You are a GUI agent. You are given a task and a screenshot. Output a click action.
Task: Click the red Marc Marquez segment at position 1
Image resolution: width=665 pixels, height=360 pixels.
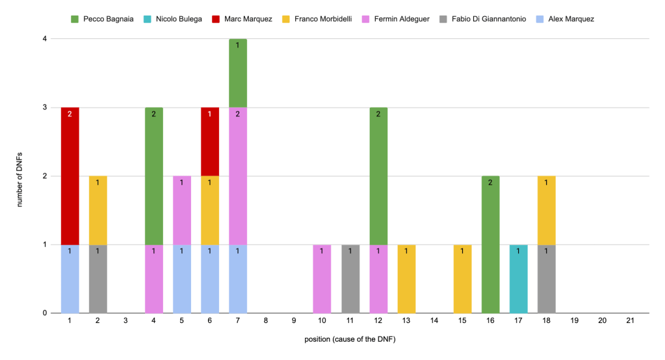click(70, 175)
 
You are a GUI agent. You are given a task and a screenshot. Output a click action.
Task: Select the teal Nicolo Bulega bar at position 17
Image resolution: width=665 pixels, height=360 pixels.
click(518, 279)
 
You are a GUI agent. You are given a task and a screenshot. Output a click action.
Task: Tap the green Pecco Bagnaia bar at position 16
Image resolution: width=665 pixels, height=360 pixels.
click(490, 244)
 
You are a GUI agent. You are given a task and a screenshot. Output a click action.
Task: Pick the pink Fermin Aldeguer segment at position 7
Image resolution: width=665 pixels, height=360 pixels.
click(238, 175)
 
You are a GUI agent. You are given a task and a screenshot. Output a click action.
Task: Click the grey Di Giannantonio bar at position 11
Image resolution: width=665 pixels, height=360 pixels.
click(350, 279)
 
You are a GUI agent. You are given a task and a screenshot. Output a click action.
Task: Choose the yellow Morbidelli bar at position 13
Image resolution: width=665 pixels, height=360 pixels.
click(406, 279)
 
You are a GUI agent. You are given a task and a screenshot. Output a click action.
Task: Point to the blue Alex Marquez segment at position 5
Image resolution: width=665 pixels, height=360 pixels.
click(182, 279)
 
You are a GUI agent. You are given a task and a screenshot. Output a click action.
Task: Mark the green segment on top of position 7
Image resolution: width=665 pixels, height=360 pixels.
click(238, 73)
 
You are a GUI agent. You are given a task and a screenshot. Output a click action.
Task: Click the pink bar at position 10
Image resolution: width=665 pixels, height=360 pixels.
click(322, 279)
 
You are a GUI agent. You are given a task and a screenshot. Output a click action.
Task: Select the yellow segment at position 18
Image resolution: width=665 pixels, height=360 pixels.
click(546, 210)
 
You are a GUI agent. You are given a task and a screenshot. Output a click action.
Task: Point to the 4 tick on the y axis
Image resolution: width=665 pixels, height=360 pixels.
click(44, 39)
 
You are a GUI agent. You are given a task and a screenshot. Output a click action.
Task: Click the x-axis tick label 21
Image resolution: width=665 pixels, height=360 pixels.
click(630, 320)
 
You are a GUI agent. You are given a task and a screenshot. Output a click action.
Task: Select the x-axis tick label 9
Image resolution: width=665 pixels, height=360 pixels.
click(294, 320)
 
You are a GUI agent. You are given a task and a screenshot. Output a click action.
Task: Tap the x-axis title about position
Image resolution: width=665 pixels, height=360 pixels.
click(350, 340)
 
